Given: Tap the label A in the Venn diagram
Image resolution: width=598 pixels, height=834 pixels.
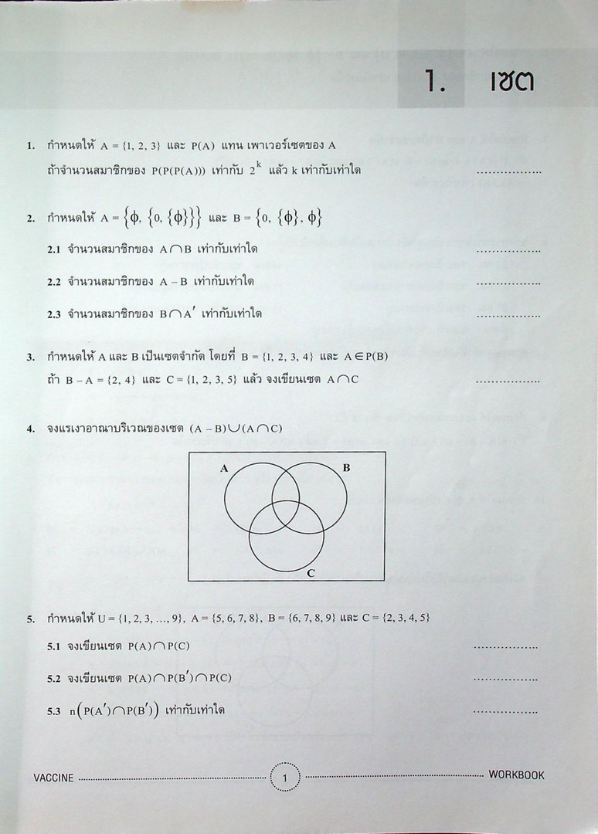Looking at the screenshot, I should [223, 468].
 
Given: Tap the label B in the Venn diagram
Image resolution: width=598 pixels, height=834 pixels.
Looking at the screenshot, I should [346, 468].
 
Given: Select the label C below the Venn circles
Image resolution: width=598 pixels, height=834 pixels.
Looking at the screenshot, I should [311, 572].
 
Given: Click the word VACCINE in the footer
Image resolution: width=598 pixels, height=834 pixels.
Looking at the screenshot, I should [54, 778].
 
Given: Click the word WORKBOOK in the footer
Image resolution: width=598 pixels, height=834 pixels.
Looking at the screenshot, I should [516, 775].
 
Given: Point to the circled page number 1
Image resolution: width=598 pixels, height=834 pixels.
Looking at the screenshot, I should [286, 777].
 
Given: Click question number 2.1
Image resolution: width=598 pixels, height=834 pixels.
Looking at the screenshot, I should [53, 250].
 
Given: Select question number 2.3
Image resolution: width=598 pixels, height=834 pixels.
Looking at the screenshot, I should [53, 314].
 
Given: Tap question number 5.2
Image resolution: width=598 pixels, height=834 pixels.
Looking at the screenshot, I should [53, 678].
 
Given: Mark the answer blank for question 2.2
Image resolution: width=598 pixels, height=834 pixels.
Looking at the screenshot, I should [508, 283].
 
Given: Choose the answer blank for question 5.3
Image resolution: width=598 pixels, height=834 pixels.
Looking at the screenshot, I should [505, 711].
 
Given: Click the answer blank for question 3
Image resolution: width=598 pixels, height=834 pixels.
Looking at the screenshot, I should [508, 381].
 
